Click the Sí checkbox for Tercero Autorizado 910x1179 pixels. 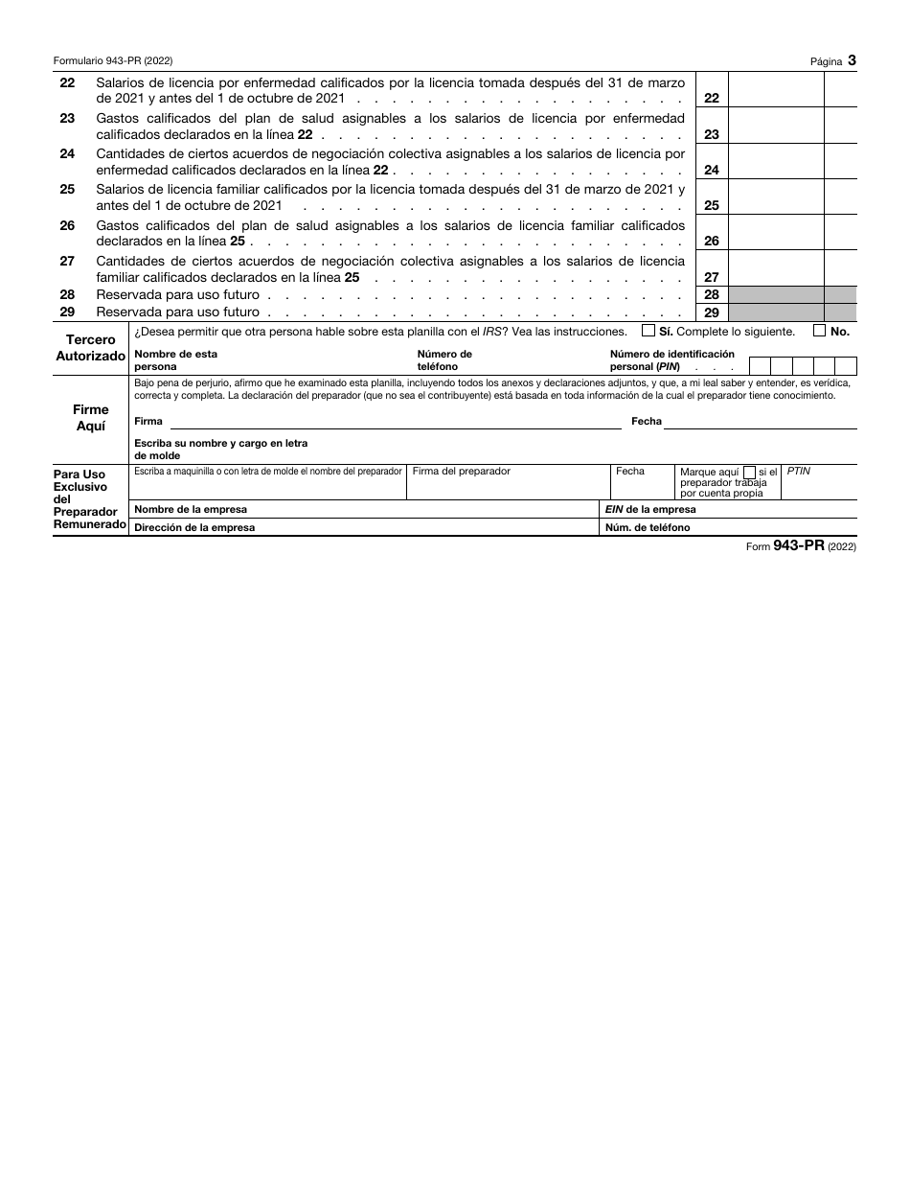(x=648, y=331)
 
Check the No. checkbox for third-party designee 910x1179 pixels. (x=820, y=331)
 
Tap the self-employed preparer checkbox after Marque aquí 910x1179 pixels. (x=749, y=472)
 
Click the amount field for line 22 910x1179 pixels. (x=775, y=89)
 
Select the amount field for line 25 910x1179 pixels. (x=775, y=196)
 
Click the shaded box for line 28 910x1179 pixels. (x=775, y=295)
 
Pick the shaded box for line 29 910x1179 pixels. (x=775, y=312)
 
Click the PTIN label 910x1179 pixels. (x=798, y=472)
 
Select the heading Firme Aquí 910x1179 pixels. (x=91, y=418)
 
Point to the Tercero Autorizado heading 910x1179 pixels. (x=91, y=348)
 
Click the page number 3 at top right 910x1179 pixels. (x=851, y=60)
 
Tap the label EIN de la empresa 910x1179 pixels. (x=650, y=510)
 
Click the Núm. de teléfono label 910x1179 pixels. (x=648, y=527)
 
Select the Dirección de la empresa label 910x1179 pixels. (x=194, y=527)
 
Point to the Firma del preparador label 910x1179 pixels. (x=461, y=472)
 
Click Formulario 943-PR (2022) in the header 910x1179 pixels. (x=113, y=60)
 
